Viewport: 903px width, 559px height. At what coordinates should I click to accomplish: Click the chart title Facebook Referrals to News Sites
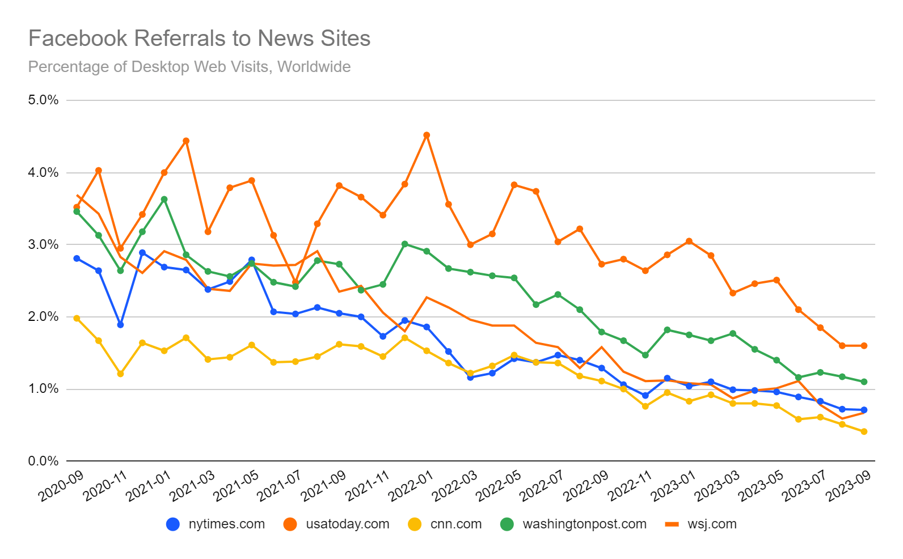click(199, 39)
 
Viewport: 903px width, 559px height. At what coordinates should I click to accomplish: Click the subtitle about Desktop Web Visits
click(189, 67)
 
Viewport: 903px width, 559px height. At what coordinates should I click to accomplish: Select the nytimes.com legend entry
click(216, 524)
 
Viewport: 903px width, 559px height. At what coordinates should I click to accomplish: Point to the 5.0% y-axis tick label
click(43, 100)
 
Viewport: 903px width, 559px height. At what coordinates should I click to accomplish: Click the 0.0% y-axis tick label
click(43, 461)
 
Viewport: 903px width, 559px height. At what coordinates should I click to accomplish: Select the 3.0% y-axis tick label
click(43, 244)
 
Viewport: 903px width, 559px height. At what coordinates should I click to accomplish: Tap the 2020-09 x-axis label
click(61, 486)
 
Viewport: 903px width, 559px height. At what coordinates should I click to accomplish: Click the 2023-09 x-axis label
click(848, 486)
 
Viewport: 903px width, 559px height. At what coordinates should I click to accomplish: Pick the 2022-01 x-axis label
click(411, 486)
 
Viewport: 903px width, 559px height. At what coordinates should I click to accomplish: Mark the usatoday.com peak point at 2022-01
click(427, 135)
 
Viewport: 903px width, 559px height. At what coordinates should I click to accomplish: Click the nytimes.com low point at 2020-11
click(120, 325)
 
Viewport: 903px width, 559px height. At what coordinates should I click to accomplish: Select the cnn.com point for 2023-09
click(864, 431)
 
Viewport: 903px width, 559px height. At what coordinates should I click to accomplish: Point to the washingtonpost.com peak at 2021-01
click(164, 199)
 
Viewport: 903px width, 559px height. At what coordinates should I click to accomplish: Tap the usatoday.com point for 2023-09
click(864, 346)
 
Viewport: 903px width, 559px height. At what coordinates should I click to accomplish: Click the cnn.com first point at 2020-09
click(77, 318)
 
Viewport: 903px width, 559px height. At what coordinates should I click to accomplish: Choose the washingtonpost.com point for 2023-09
click(864, 382)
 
